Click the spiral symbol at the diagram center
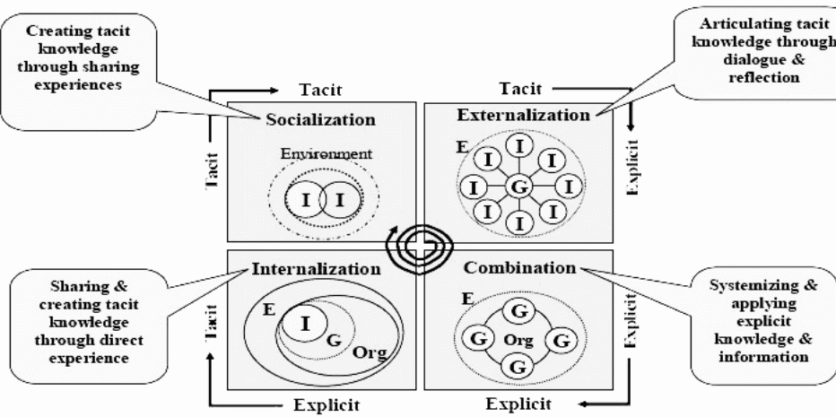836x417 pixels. point(418,244)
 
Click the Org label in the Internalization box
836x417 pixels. point(370,352)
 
